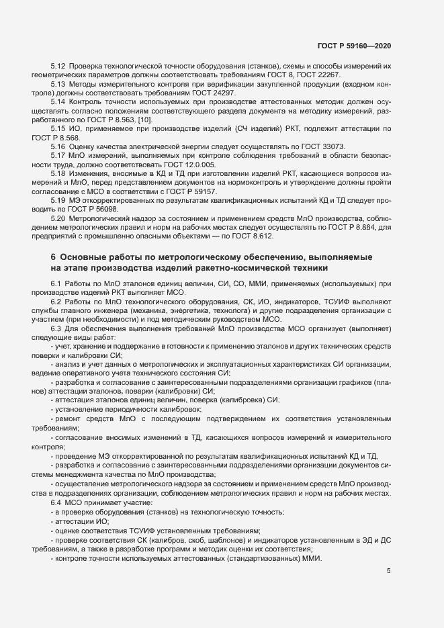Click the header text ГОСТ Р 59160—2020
pos(354,46)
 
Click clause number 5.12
pos(58,66)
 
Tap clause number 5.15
pos(58,127)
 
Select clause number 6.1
pos(56,284)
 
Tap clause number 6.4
pos(56,503)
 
